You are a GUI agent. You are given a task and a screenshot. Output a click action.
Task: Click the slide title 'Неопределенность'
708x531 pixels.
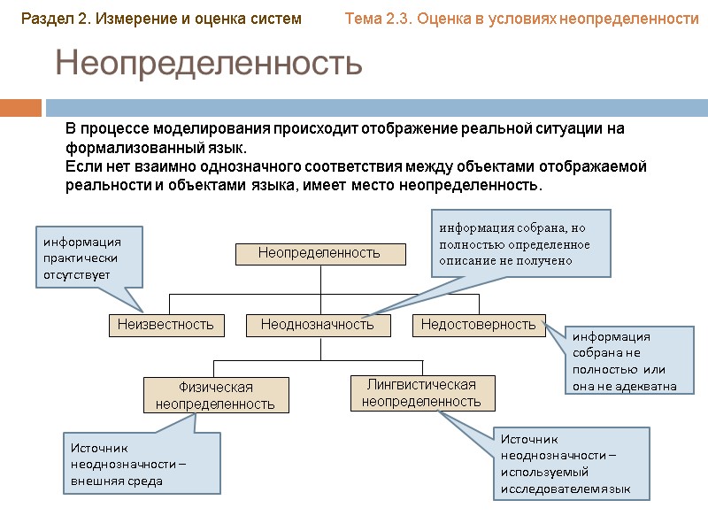(209, 64)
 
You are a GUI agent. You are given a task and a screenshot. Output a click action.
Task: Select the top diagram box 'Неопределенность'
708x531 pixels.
(319, 253)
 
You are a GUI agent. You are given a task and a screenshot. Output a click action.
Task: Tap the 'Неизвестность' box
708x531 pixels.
(166, 325)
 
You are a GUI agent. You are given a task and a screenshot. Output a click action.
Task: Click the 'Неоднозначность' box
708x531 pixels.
(318, 325)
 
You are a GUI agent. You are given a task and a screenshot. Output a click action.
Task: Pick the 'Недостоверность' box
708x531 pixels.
(479, 325)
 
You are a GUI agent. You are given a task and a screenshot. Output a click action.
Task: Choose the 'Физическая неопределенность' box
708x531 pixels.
(216, 396)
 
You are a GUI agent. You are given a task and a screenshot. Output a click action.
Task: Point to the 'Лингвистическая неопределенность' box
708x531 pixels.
(421, 393)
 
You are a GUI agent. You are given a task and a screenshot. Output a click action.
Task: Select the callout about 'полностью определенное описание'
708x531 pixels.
(519, 243)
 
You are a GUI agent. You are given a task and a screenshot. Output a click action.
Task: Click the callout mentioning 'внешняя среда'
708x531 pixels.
(142, 464)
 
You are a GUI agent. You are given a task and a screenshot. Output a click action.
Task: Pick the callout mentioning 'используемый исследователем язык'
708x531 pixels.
(572, 464)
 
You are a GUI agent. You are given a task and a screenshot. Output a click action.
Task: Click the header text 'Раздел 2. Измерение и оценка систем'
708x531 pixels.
(161, 18)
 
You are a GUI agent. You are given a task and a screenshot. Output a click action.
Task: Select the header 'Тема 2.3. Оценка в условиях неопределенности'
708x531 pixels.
(521, 18)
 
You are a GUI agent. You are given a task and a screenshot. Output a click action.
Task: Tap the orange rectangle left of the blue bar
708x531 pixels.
(21, 108)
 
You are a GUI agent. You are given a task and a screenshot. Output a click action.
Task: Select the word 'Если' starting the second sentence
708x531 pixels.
(80, 166)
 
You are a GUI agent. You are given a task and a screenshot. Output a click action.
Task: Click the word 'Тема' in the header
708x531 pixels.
(364, 18)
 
